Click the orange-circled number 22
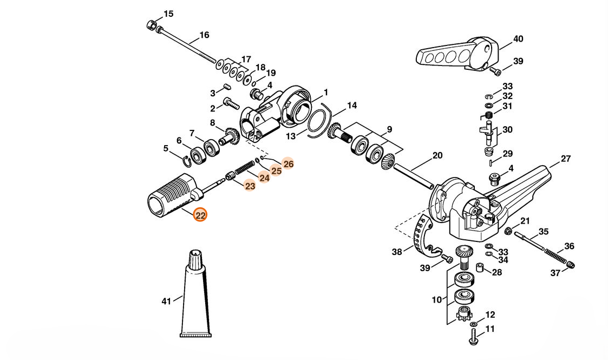[x=200, y=215]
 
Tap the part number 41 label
[x=166, y=301]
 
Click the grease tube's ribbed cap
[x=195, y=259]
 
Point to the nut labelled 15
[x=152, y=25]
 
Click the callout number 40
[x=518, y=39]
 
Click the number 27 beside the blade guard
[x=566, y=159]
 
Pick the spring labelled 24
[x=244, y=167]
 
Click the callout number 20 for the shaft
[x=437, y=155]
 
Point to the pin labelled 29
[x=492, y=162]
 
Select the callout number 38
[x=397, y=252]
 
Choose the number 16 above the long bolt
[x=204, y=35]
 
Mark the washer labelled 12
[x=473, y=324]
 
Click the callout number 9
[x=389, y=129]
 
